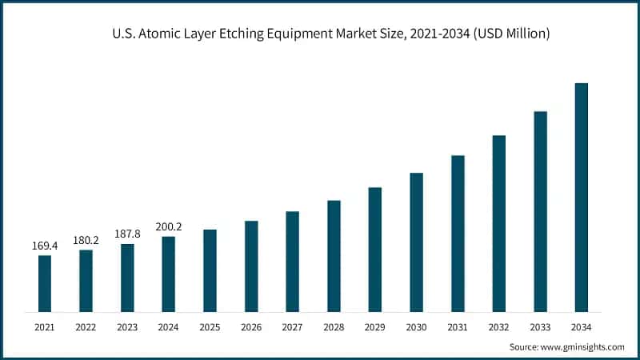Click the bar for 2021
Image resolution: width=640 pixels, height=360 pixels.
coord(45,283)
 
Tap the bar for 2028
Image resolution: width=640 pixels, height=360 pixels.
coord(334,256)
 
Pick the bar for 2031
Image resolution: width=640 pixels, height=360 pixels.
coord(458,233)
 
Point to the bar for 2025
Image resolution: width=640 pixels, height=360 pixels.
coord(210,270)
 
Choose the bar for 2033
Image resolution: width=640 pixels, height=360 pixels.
coord(540,211)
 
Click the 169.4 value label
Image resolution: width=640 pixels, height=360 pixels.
coord(45,245)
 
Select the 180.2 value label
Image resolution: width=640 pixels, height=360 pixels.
coord(86,239)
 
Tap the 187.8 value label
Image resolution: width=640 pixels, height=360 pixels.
coord(127,234)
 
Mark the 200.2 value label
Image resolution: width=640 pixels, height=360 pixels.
coord(168,226)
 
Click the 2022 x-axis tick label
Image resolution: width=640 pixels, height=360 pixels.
coord(86,326)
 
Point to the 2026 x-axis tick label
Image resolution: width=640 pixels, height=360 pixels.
coord(251,326)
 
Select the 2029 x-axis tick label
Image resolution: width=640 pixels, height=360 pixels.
coord(374,326)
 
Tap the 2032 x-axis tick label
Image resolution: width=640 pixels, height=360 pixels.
coord(498,326)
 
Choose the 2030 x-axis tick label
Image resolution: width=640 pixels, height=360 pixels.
coord(416,326)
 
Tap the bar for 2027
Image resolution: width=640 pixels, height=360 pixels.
coord(292,262)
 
